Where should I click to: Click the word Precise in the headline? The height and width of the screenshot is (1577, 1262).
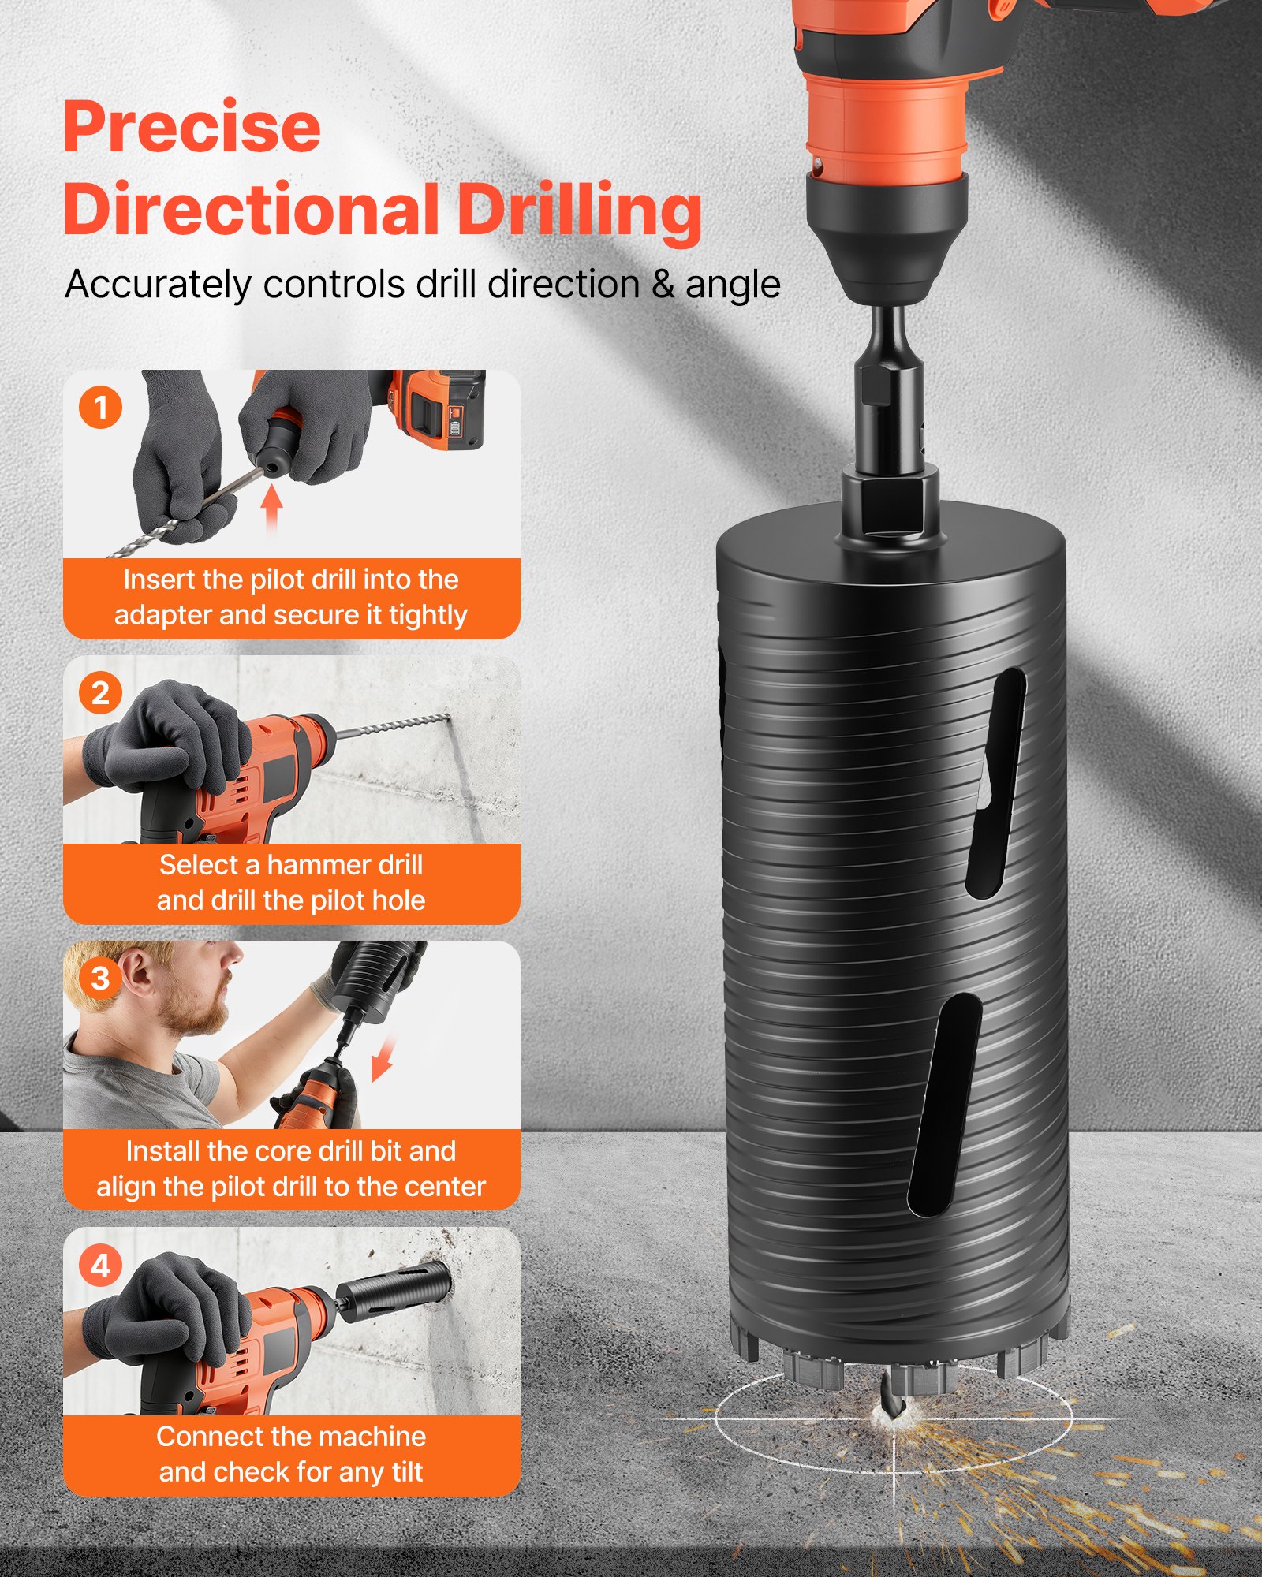(x=192, y=128)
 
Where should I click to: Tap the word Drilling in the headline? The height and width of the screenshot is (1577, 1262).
(x=579, y=211)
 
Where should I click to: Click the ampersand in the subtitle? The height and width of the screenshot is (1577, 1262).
(x=663, y=285)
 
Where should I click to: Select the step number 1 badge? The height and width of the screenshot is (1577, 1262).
(x=100, y=408)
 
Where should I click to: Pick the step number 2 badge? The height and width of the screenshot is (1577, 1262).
(x=100, y=693)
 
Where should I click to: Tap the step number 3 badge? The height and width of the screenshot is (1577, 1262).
(x=100, y=979)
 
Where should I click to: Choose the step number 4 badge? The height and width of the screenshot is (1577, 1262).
(x=100, y=1265)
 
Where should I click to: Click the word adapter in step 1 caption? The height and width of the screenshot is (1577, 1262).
(x=163, y=615)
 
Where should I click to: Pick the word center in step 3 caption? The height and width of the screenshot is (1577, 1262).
(x=446, y=1186)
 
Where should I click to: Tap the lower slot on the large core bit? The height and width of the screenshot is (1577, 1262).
(x=945, y=1104)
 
